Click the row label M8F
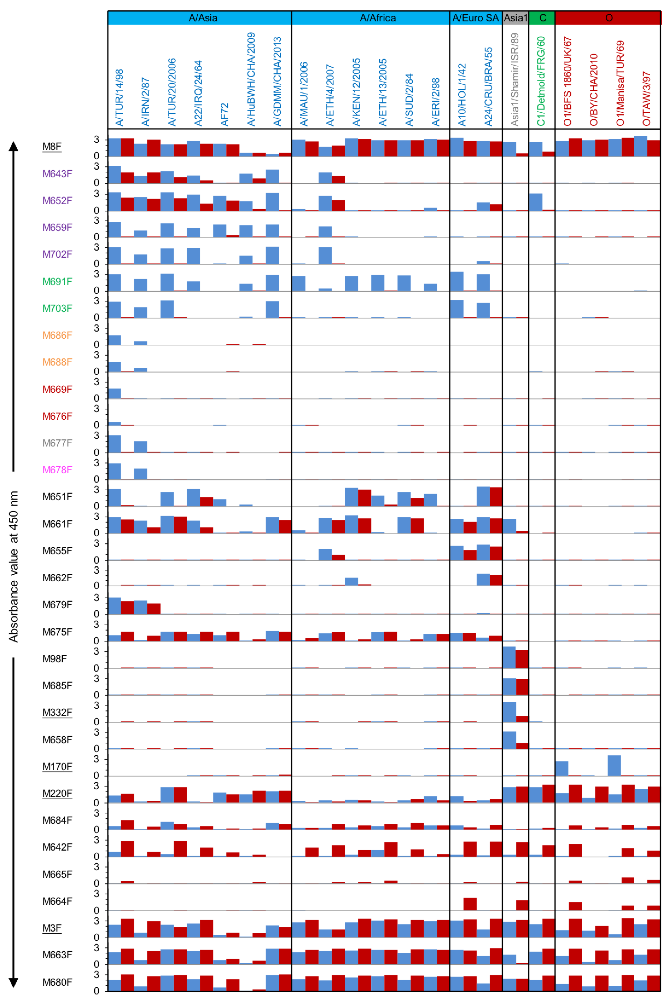52,146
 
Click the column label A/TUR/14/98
119,98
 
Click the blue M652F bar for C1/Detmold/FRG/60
535,202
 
